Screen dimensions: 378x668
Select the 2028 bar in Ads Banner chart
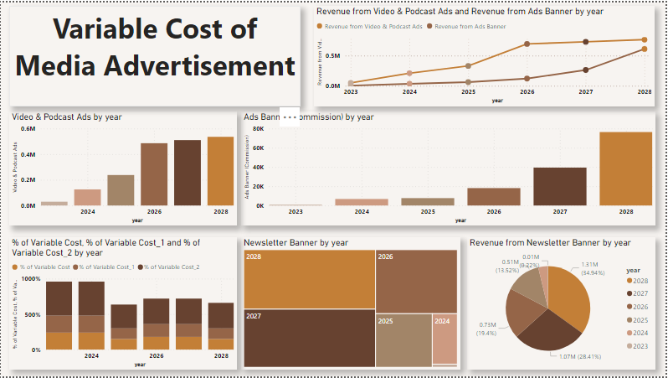625,168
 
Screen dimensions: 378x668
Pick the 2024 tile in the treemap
444,339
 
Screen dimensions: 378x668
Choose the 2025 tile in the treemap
403,339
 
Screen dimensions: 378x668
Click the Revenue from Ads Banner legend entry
469,27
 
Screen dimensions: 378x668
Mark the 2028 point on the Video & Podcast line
644,39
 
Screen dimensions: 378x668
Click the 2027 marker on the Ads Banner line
586,70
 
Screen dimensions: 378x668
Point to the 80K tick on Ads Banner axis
258,130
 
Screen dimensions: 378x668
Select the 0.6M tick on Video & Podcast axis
28,129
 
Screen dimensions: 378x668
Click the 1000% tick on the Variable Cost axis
30,278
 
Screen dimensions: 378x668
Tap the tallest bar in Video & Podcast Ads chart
221,171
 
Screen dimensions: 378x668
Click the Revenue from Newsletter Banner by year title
549,242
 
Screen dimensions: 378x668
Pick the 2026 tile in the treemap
415,280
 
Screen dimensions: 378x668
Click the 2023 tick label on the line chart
351,91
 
